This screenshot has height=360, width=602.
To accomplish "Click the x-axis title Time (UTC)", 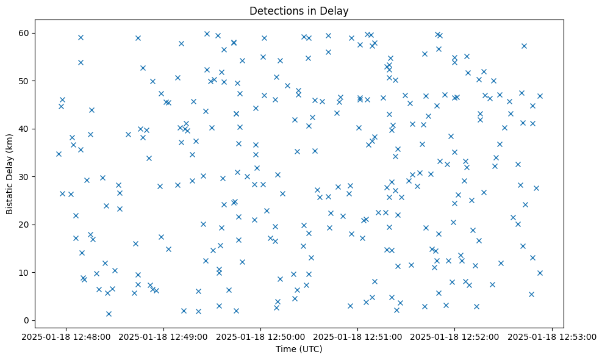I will click(299, 349).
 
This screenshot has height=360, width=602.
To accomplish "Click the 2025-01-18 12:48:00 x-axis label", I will click(66, 336).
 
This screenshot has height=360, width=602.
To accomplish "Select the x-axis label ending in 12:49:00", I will click(163, 336).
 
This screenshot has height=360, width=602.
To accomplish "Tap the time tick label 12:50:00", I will click(261, 336).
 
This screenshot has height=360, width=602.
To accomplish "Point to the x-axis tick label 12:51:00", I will click(358, 336).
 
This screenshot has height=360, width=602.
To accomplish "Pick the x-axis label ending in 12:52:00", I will click(455, 336).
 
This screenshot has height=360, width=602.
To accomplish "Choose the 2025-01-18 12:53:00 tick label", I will click(553, 336).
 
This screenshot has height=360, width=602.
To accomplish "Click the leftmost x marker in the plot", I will click(59, 154).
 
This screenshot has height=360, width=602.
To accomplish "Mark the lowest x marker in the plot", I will click(109, 314).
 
